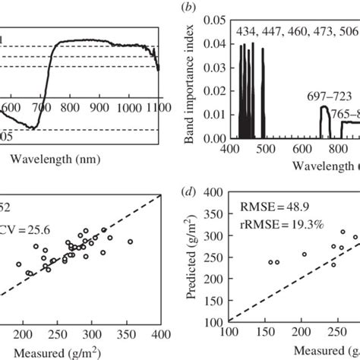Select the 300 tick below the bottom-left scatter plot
[x=91, y=334]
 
